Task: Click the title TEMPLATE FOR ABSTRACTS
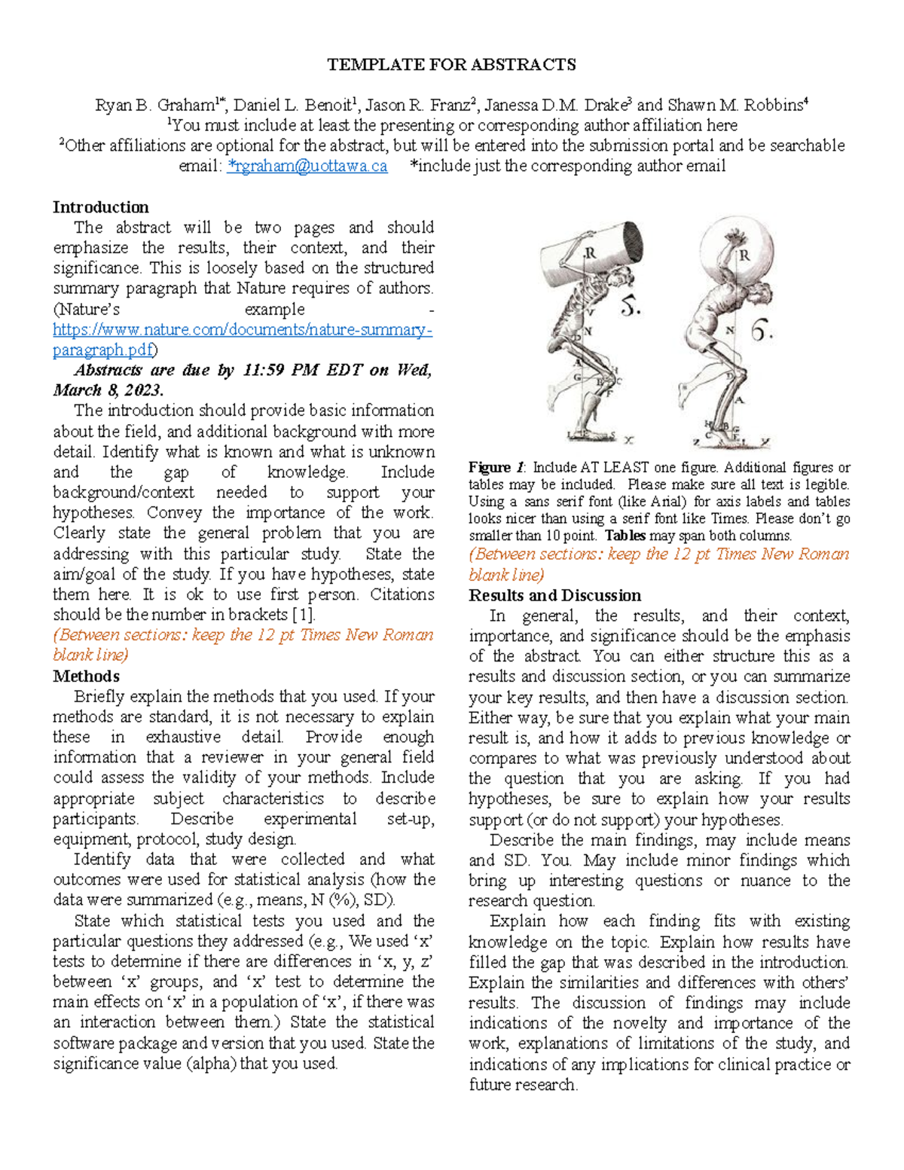pyautogui.click(x=451, y=65)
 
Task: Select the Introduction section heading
pyautogui.click(x=100, y=207)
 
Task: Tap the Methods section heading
pyautogui.click(x=86, y=676)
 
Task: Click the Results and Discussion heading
pyautogui.click(x=554, y=595)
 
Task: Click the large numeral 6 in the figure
pyautogui.click(x=762, y=331)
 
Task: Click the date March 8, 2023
pyautogui.click(x=108, y=390)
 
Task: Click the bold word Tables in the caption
pyautogui.click(x=625, y=536)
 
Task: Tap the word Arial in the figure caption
pyautogui.click(x=668, y=502)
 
